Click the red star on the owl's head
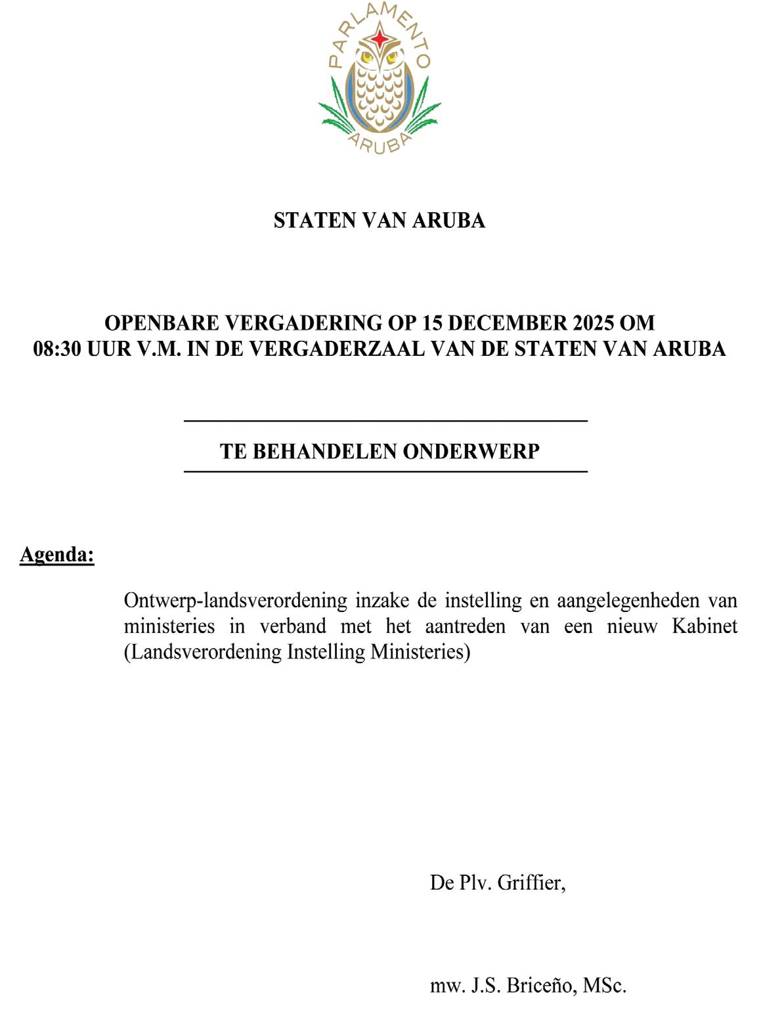coord(380,39)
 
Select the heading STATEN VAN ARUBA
coord(380,221)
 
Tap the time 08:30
coord(57,349)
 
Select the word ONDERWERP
coord(471,452)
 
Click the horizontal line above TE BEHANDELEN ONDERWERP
coord(385,420)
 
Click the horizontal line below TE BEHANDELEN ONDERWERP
coord(385,471)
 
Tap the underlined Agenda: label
coord(57,555)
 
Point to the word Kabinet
coord(704,626)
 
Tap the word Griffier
coord(531,882)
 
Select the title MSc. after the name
coord(605,986)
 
